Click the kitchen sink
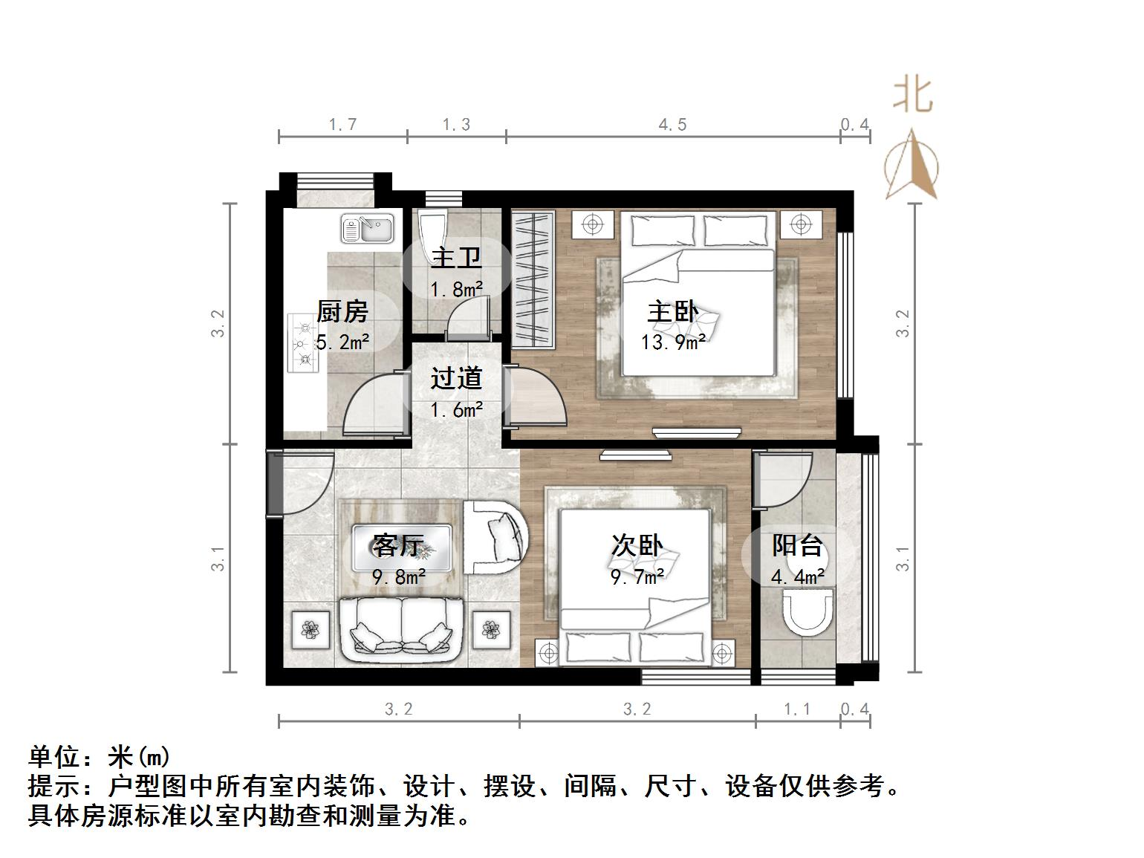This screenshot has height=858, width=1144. [x=367, y=229]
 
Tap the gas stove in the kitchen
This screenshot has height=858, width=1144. [x=302, y=343]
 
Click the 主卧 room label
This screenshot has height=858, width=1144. [x=672, y=311]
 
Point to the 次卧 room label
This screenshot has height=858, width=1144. [x=637, y=546]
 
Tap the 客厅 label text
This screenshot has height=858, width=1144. [x=398, y=546]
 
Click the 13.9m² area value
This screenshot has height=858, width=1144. [x=673, y=342]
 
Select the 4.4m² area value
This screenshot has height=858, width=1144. [x=797, y=577]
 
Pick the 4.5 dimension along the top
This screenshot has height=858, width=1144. [x=672, y=125]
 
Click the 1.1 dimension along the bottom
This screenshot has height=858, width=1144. [x=797, y=709]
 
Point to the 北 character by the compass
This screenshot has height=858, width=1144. [x=912, y=96]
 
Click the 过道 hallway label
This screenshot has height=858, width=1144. [x=456, y=379]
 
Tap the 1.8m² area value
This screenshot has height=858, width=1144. [x=456, y=289]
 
